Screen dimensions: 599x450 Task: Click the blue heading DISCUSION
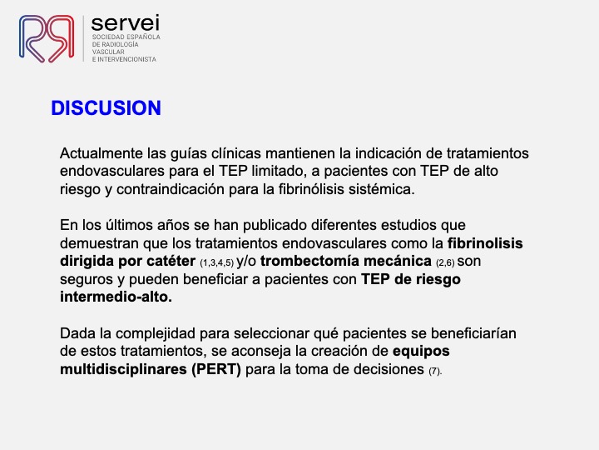click(106, 107)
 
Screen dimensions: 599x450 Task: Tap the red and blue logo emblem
click(47, 38)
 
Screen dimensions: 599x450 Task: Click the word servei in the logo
click(126, 23)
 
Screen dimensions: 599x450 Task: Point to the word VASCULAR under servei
click(108, 52)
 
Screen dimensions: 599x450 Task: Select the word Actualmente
click(101, 153)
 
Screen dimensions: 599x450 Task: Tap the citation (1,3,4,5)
click(216, 263)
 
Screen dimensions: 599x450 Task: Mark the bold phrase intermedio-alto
click(116, 297)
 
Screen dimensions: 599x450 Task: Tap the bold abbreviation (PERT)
click(216, 369)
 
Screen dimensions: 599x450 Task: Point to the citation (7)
click(435, 371)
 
